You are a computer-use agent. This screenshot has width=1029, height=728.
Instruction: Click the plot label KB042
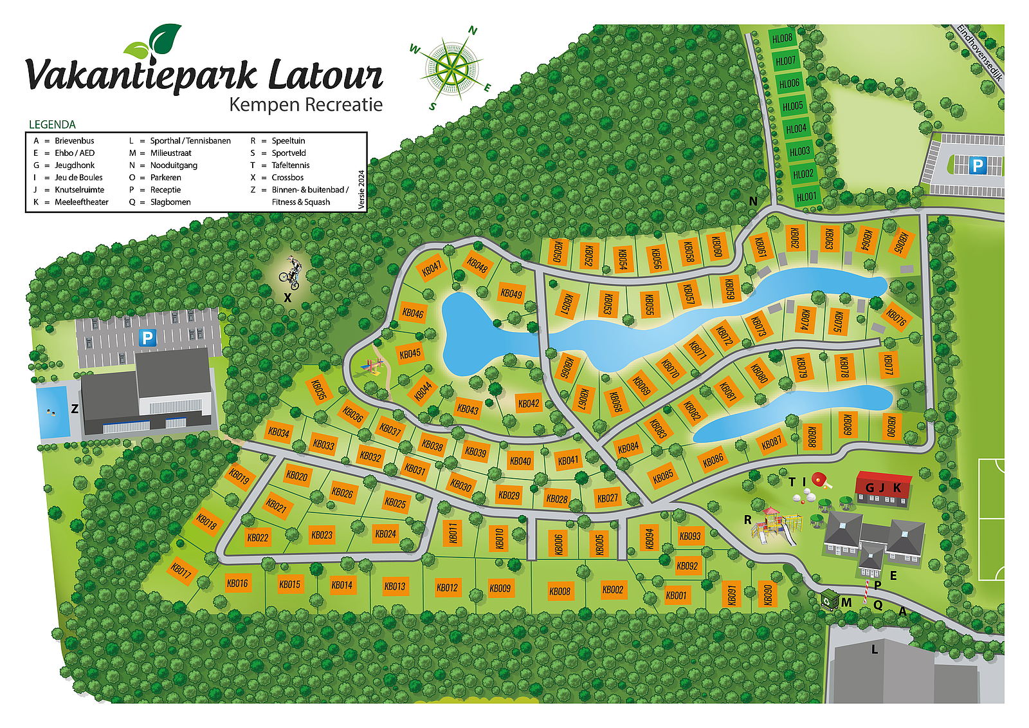[529, 404]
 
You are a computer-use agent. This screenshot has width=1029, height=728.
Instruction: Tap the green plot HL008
[782, 38]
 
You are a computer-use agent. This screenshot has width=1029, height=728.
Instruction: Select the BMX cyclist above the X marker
[291, 272]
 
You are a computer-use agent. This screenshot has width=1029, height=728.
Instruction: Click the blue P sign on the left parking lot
[148, 337]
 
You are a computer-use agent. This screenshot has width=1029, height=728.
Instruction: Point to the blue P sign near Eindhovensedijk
[977, 165]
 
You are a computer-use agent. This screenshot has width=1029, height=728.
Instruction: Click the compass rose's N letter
[473, 31]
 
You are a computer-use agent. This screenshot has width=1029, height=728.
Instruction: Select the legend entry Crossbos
[287, 178]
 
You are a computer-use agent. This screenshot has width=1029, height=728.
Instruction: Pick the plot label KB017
[181, 570]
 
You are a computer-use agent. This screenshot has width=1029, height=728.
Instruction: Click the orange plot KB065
[900, 243]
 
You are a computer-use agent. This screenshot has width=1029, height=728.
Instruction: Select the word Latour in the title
[325, 75]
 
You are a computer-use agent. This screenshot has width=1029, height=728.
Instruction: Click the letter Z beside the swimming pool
[75, 408]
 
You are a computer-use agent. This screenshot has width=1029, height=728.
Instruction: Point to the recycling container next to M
[830, 601]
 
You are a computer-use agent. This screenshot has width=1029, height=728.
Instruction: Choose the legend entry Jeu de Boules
[78, 178]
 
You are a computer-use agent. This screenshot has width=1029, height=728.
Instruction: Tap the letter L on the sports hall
[874, 650]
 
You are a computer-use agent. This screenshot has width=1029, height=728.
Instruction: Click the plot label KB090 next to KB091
[767, 595]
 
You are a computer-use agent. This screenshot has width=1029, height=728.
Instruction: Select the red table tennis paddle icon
[819, 480]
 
